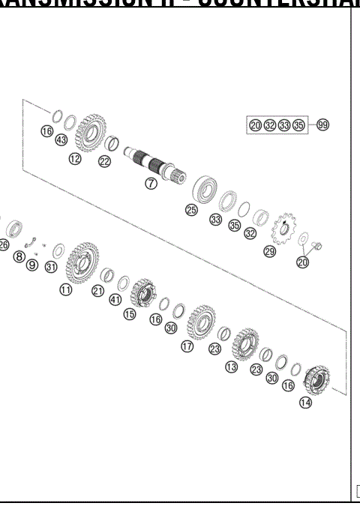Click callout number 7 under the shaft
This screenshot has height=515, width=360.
coord(151,184)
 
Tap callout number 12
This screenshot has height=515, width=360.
coord(75,158)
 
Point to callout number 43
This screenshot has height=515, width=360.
coord(61,141)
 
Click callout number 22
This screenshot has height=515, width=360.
coord(104,161)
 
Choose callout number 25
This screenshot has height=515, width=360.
coord(192,211)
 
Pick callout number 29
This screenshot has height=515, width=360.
coord(269,252)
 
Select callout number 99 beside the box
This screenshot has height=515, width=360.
coord(322,124)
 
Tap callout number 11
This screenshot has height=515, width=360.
coord(67,290)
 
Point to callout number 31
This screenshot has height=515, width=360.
coord(50,267)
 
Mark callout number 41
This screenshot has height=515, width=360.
coord(115,300)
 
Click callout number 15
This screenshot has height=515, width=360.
coord(130,315)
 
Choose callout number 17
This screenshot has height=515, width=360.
coord(187,346)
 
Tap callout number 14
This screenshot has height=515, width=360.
coord(305,403)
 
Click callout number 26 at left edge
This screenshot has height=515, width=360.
coord(4,244)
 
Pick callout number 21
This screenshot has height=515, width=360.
coord(97,291)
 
